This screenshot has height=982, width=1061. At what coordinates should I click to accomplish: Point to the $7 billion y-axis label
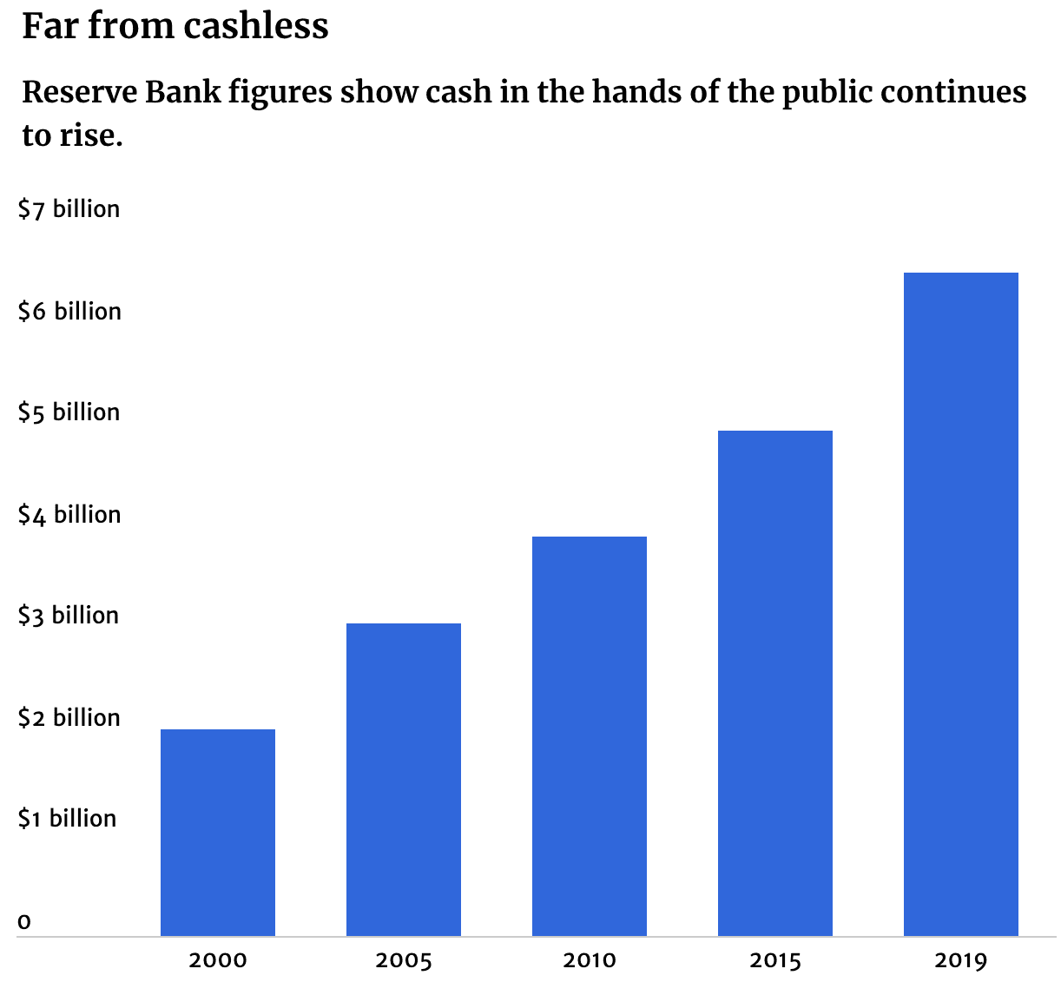pos(69,209)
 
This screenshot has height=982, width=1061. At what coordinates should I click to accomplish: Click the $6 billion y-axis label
pos(69,312)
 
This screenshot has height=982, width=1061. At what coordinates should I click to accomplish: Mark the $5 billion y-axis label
pos(69,412)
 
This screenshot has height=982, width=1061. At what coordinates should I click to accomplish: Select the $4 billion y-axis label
pos(69,515)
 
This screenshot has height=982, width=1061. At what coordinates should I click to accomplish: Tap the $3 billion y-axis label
pos(69,616)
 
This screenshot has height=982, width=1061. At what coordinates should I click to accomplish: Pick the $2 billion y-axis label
pos(69,718)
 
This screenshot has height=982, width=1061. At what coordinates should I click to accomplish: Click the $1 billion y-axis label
pos(68,819)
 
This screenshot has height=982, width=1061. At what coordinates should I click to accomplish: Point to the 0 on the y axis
pos(24,921)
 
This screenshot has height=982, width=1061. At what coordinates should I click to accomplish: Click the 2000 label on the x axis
pos(218,960)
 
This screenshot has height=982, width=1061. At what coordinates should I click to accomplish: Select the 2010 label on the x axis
pos(590,960)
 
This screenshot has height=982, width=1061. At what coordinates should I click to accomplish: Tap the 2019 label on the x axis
pos(961,960)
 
